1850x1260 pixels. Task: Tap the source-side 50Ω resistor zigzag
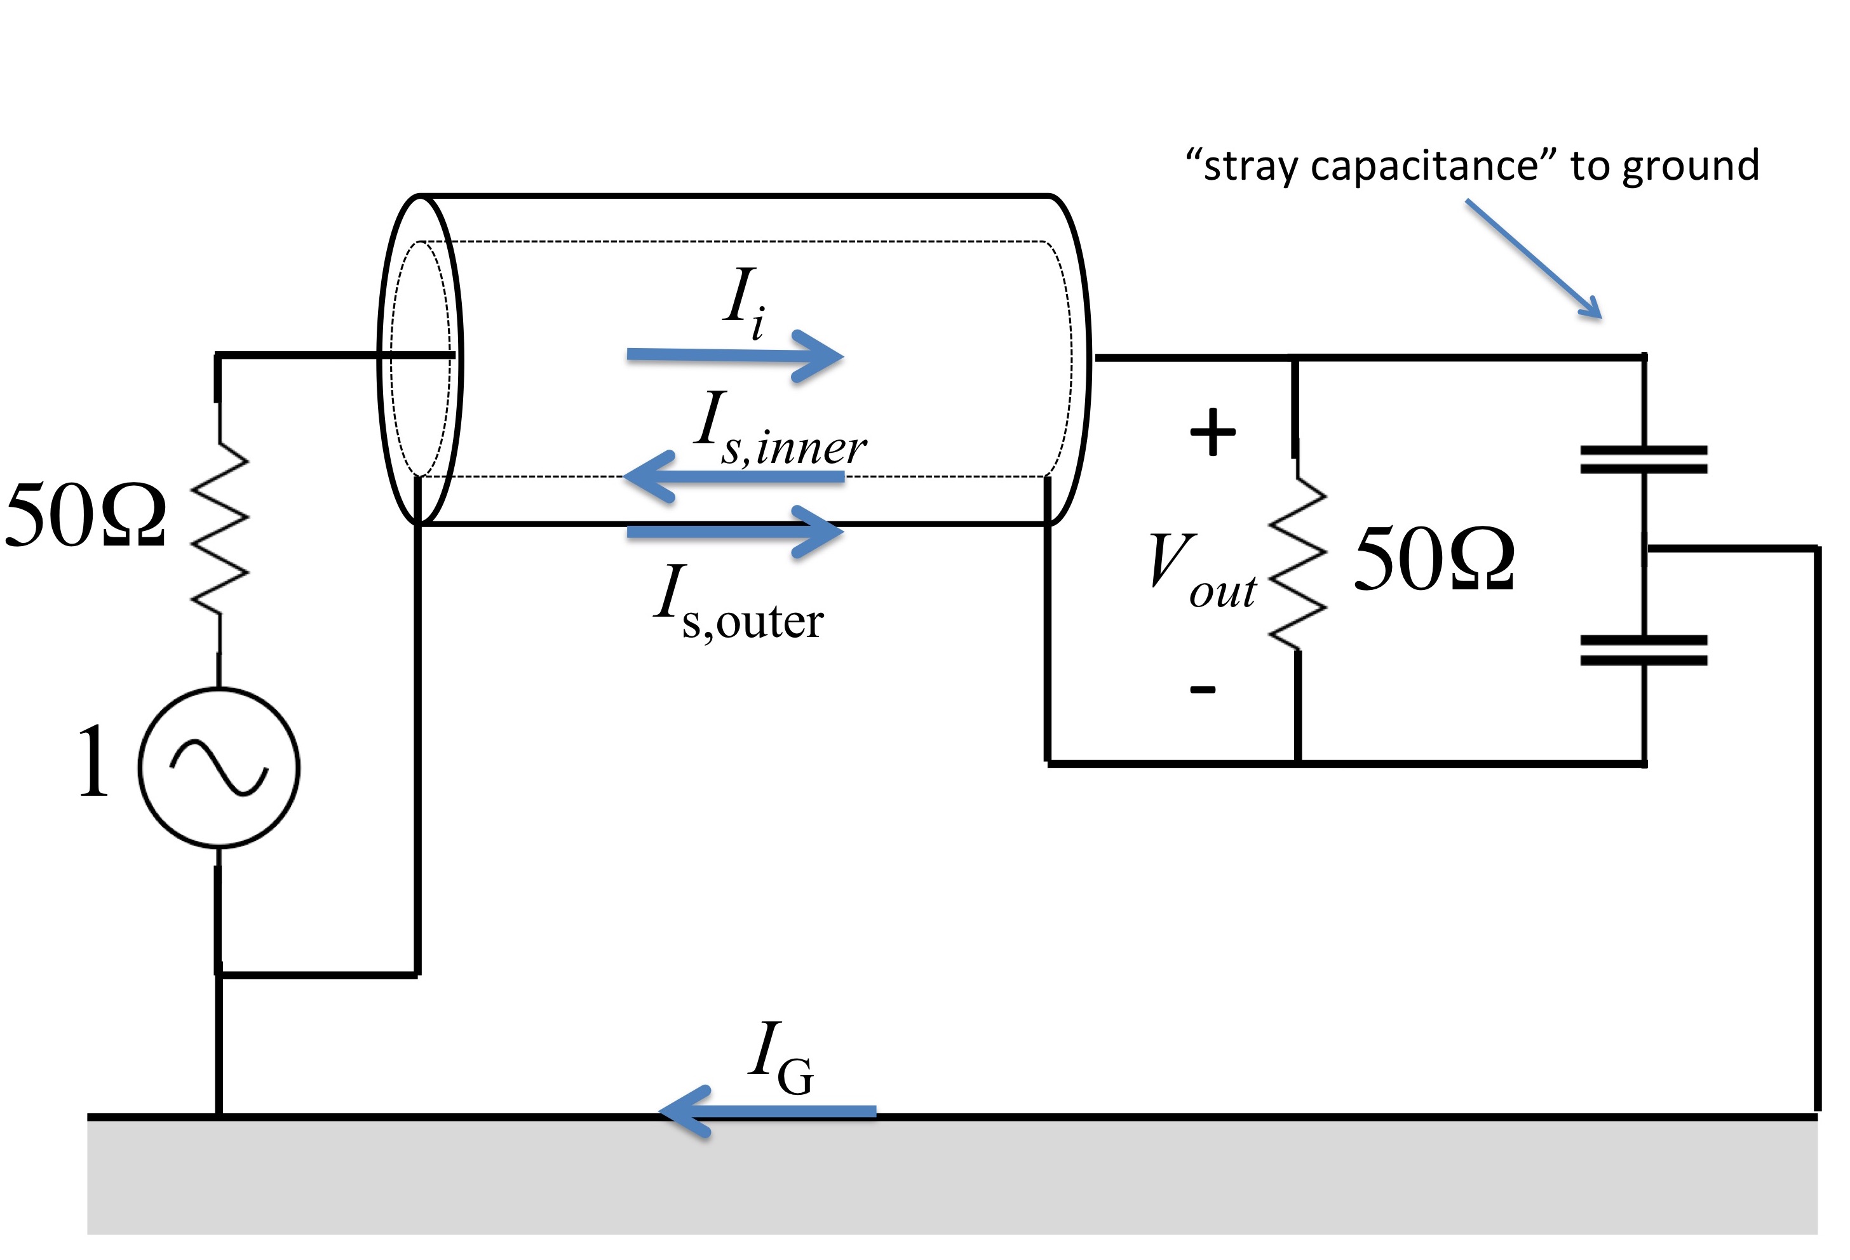point(220,528)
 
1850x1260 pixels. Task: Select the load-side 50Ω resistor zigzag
point(1297,563)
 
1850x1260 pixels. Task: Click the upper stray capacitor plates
point(1644,459)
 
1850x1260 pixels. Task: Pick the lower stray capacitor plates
point(1644,650)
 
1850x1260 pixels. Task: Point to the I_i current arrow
point(736,356)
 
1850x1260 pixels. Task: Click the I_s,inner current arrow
point(733,477)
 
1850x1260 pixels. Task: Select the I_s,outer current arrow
point(736,531)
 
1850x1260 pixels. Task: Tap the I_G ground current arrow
point(767,1110)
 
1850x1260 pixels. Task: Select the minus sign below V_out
point(1203,688)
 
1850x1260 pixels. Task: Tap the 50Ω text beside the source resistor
point(85,514)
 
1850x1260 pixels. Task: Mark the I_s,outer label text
point(739,603)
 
